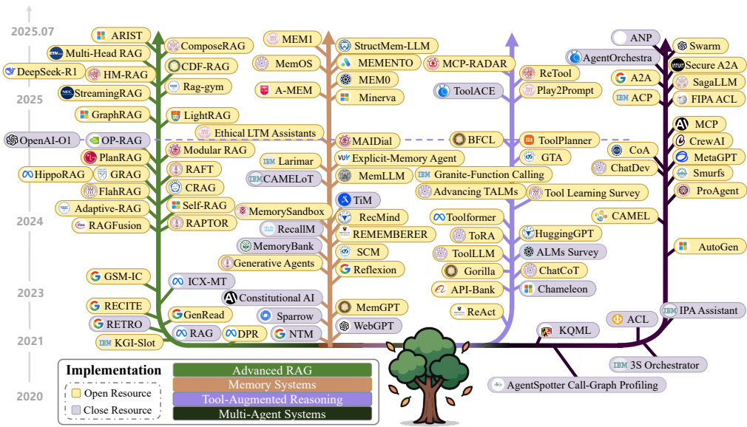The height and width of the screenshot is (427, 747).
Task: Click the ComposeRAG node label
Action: click(x=209, y=46)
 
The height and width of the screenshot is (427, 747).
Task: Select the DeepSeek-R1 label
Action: click(x=41, y=72)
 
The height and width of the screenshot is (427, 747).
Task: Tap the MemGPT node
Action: click(x=371, y=307)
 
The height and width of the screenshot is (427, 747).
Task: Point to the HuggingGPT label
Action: click(x=561, y=233)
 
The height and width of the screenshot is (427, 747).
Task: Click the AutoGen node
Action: click(x=710, y=247)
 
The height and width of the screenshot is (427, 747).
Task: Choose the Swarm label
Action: click(x=700, y=46)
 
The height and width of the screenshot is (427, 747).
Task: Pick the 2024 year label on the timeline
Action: click(x=30, y=222)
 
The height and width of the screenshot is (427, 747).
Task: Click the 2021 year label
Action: click(x=30, y=341)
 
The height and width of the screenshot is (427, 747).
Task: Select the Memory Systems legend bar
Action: click(x=272, y=385)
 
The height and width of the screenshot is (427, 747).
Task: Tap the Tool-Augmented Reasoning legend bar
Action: click(x=272, y=400)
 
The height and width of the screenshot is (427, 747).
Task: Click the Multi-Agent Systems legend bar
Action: click(x=272, y=414)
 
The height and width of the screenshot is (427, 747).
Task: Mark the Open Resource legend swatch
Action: click(x=75, y=393)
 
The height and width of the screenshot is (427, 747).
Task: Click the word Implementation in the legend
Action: click(x=113, y=370)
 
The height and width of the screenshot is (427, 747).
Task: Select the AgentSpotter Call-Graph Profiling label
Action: click(x=577, y=385)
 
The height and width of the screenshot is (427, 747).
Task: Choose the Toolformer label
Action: click(x=467, y=217)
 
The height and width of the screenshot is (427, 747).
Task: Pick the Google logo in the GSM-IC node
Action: click(x=95, y=276)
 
